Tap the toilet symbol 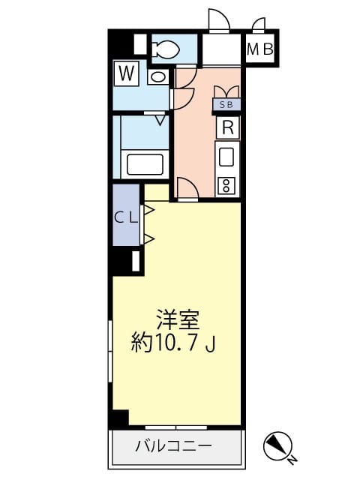click(x=164, y=50)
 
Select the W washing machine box click(x=126, y=73)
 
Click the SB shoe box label click(x=226, y=105)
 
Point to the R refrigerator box click(x=227, y=127)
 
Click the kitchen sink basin click(x=226, y=157)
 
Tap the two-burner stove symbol click(x=226, y=184)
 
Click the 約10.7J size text click(x=174, y=344)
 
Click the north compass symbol click(x=277, y=448)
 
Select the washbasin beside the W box click(x=158, y=76)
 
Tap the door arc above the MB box click(x=259, y=25)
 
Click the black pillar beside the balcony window click(x=118, y=419)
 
